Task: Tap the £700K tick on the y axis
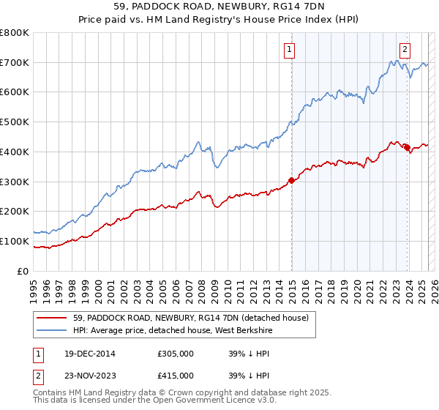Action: coord(15,62)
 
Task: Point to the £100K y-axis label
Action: coord(15,241)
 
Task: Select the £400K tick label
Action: coord(15,152)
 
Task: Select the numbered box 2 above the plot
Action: coord(405,50)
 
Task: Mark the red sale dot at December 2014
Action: coord(291,179)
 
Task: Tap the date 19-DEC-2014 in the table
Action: coord(89,354)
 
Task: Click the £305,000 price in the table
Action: coord(176,354)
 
